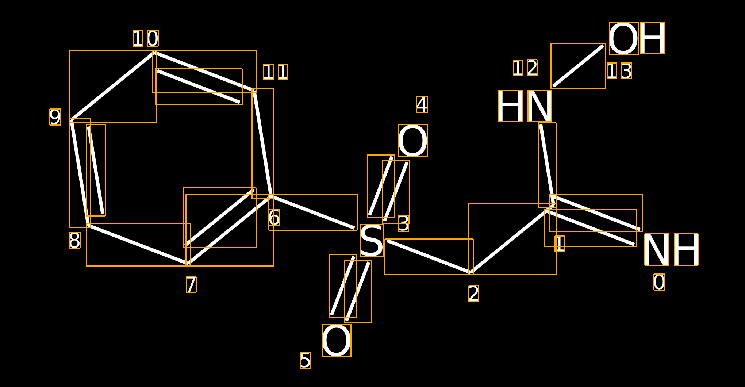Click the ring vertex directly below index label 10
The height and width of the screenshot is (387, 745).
(x=154, y=53)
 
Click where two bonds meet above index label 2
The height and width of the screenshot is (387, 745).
(x=471, y=272)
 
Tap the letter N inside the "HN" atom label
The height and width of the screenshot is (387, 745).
(x=540, y=106)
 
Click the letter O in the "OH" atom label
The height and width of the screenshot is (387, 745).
(x=623, y=38)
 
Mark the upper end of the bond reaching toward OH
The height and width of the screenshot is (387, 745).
(x=603, y=46)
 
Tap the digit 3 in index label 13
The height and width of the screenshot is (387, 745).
(x=626, y=71)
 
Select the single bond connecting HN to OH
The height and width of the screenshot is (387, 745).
(x=578, y=66)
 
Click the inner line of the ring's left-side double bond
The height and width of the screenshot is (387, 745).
(x=96, y=170)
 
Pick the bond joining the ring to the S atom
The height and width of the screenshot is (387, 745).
(x=313, y=212)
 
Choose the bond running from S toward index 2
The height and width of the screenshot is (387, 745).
(x=429, y=257)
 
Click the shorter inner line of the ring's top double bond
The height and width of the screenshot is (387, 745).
(x=199, y=87)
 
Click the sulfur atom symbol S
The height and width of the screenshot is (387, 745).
(x=372, y=241)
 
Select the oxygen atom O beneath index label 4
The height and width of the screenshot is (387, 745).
(x=413, y=141)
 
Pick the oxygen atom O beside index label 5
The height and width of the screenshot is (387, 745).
(x=336, y=340)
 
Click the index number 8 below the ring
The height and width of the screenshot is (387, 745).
(x=75, y=240)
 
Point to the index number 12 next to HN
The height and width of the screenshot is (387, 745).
(x=525, y=68)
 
